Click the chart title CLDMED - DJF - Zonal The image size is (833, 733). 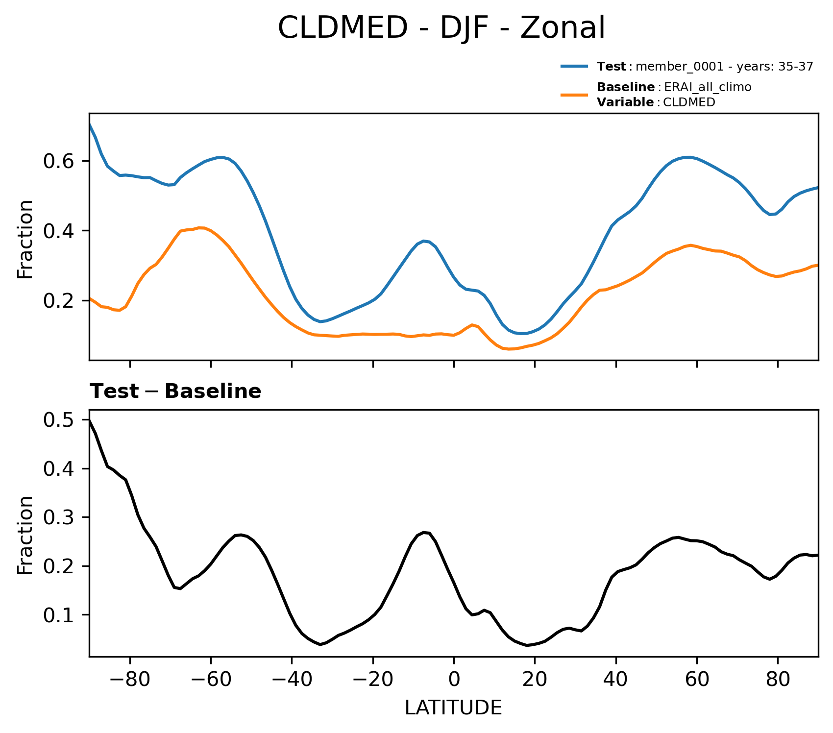[441, 28]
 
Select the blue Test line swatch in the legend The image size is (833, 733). [574, 67]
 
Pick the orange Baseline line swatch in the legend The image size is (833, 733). [574, 95]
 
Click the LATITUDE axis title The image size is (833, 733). [453, 708]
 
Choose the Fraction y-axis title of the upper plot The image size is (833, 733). [25, 239]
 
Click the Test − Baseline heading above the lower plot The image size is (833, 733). [175, 391]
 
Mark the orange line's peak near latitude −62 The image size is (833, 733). [201, 227]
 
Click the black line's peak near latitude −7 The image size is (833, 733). [424, 532]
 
